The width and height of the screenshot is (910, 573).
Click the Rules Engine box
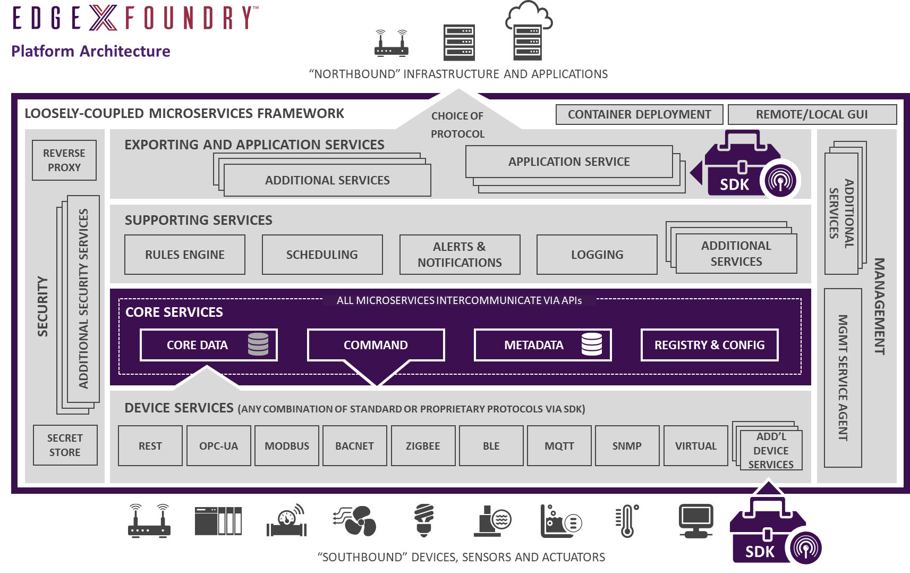(x=185, y=255)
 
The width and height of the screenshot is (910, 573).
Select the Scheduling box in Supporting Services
(x=322, y=255)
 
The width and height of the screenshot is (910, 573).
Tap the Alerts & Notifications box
(x=460, y=255)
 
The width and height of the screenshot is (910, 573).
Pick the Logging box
(x=597, y=255)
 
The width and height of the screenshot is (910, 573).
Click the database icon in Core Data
(x=258, y=344)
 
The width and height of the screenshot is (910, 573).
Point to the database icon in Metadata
(x=591, y=344)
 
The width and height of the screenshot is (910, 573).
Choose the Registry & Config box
(x=709, y=345)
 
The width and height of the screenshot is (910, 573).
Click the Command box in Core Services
(x=376, y=345)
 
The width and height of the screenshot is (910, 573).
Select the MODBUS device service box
(x=287, y=446)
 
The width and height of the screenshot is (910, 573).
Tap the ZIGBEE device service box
(x=423, y=446)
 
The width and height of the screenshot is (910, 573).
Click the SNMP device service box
(x=627, y=446)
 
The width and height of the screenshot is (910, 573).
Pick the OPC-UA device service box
(x=218, y=446)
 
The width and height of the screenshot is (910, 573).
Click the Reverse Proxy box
(x=64, y=160)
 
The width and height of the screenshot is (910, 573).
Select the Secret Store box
(x=65, y=445)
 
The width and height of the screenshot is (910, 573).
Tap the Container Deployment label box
(x=639, y=114)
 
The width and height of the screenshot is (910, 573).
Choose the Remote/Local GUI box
(x=812, y=114)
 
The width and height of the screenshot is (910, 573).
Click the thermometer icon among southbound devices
(x=627, y=521)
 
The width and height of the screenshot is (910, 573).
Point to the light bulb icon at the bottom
(x=423, y=520)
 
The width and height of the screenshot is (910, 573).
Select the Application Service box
(x=569, y=162)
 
